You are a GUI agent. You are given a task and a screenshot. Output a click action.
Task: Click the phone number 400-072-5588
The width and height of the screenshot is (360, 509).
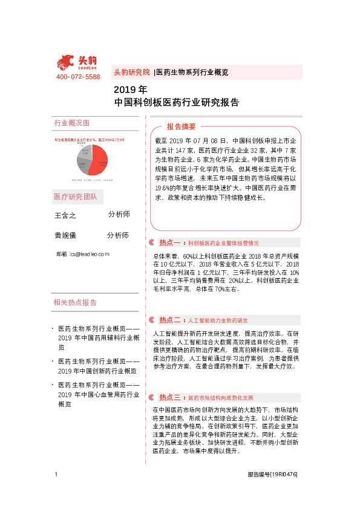pos(78,77)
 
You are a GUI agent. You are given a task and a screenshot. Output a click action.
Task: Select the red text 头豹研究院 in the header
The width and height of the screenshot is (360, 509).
pos(132,72)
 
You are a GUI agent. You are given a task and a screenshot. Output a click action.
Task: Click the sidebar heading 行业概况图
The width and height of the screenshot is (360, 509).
pos(72,123)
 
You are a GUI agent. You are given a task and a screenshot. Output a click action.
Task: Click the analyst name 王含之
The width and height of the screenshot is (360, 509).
pos(65,216)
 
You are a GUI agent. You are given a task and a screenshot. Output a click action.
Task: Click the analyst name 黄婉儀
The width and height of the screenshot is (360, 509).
pos(65,236)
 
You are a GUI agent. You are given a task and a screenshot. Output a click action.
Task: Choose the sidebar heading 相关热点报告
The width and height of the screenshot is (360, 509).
pos(75,302)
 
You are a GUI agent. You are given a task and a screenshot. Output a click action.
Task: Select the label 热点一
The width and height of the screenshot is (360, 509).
pos(171,242)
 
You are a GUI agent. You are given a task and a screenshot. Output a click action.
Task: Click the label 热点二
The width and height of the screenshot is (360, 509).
pos(171,320)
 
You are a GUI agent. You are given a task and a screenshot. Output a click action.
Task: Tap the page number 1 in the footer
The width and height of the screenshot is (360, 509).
pos(56,475)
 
